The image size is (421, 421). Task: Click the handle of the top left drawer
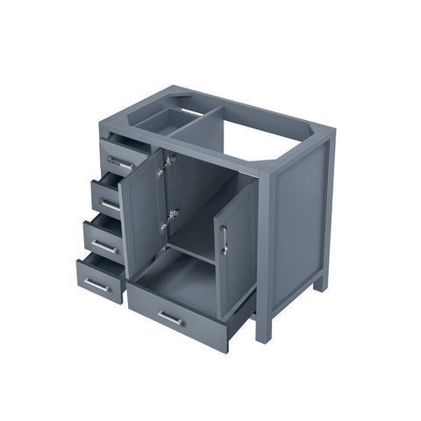[120, 162]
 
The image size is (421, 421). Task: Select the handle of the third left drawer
[103, 247]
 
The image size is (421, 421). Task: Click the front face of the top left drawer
[124, 157]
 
